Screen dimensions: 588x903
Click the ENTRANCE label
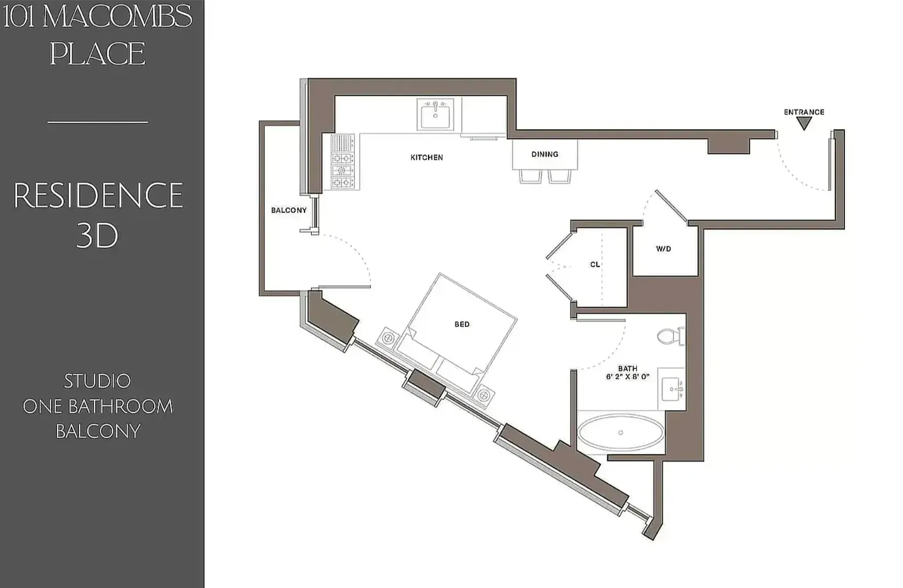[804, 112]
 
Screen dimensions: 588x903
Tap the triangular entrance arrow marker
[804, 124]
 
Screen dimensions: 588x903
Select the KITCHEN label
[427, 157]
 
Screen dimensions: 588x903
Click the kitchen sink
[435, 114]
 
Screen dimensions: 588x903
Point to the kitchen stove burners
[342, 169]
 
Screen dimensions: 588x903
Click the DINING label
[545, 154]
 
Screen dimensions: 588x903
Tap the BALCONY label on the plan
[289, 210]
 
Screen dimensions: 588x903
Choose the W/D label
[663, 249]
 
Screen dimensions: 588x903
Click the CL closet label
[595, 265]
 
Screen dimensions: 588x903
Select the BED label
[462, 324]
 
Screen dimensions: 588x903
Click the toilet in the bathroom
[670, 336]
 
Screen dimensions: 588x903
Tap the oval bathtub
[620, 433]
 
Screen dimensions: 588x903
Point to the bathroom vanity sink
[672, 389]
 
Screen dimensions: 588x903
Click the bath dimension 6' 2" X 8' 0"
[628, 377]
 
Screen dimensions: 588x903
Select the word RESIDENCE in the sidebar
[98, 196]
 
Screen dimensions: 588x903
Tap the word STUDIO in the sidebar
[98, 381]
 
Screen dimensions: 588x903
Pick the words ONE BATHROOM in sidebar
[98, 406]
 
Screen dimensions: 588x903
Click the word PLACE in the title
[98, 53]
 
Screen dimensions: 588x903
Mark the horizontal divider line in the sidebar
[98, 122]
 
